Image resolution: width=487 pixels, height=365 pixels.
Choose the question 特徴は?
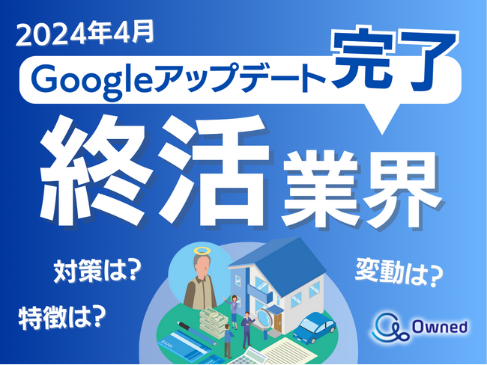60,319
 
